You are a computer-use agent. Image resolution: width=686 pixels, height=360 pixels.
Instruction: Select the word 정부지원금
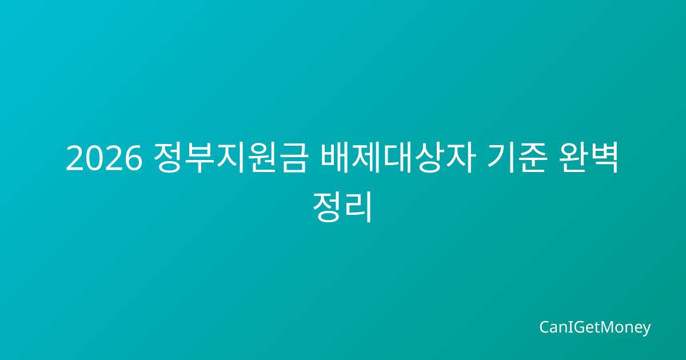tap(230, 157)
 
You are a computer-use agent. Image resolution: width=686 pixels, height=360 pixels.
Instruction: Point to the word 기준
tap(517, 157)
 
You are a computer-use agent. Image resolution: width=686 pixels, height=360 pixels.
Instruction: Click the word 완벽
tap(589, 157)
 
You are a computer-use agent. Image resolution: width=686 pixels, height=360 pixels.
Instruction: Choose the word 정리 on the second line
tap(342, 207)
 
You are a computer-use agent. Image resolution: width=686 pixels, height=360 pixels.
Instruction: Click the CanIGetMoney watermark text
tap(595, 328)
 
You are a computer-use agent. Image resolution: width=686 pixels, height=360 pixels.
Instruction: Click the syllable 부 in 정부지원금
tap(200, 157)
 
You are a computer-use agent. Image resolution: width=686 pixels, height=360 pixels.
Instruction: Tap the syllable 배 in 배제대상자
tap(335, 157)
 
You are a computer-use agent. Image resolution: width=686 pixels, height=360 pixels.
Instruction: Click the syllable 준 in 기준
tap(532, 157)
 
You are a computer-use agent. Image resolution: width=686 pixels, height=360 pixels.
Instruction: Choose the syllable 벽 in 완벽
tap(604, 157)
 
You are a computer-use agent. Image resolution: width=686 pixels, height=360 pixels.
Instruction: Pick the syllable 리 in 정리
tap(358, 207)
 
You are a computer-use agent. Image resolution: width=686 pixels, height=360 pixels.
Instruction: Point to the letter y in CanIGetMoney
tap(646, 330)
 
